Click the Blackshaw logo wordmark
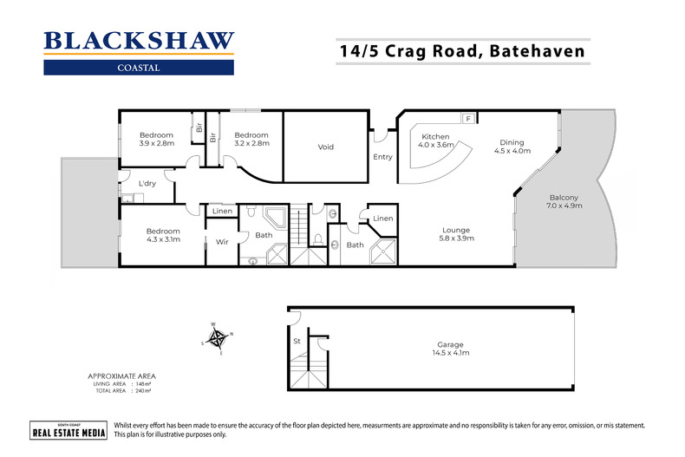(138, 40)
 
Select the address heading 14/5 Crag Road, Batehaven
(461, 51)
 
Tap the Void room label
(325, 147)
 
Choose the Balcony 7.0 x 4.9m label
(563, 201)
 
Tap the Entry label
(382, 157)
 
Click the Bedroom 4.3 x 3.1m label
(162, 235)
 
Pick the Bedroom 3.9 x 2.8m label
(157, 139)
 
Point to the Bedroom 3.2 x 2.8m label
(251, 139)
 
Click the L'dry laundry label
(147, 185)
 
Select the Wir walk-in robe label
(221, 243)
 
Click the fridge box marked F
(468, 118)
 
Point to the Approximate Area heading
(121, 377)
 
